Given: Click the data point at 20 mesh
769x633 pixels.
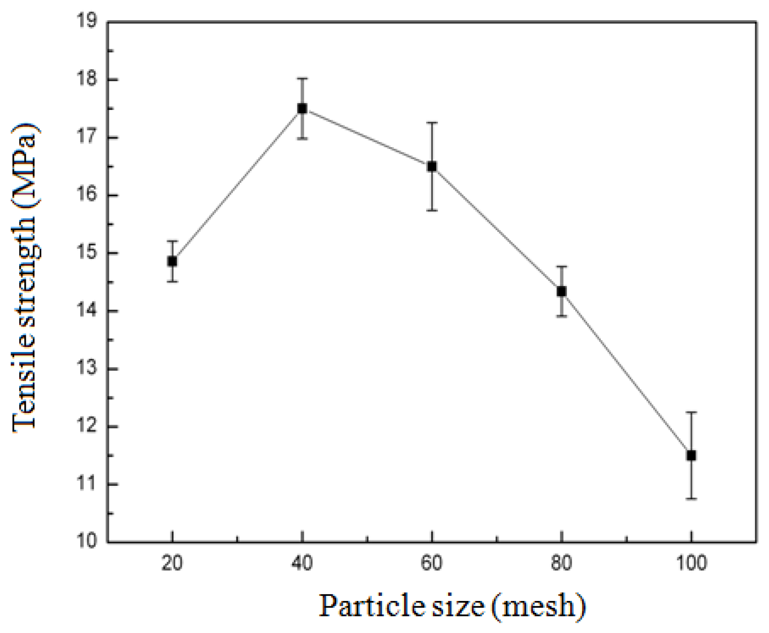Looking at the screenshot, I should click(172, 261).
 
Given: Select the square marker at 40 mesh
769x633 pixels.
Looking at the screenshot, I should click(302, 108).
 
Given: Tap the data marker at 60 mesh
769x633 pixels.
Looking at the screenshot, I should click(432, 166).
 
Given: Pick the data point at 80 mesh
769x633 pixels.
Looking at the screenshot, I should click(561, 291).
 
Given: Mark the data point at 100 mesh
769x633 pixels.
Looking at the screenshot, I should click(691, 455).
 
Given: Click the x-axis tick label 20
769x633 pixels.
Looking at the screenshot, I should click(172, 563).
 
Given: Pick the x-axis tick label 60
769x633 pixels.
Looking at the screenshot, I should click(432, 563).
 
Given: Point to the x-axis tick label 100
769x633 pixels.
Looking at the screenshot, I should click(691, 563).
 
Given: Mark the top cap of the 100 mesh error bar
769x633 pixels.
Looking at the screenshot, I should click(691, 412).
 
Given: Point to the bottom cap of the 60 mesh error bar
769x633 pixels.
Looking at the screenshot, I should click(432, 210).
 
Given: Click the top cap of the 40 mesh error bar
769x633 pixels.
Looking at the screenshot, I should click(302, 78).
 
